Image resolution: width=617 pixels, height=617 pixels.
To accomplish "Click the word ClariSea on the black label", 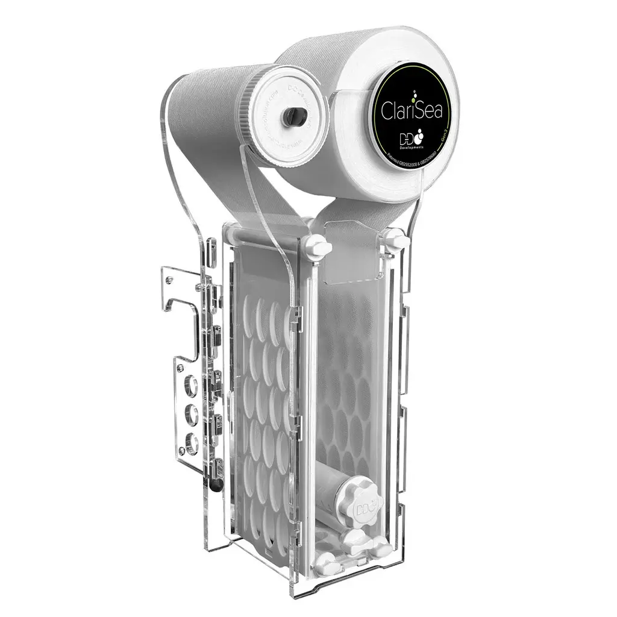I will click(x=410, y=111).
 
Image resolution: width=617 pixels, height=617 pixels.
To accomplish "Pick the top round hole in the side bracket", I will click(x=192, y=382).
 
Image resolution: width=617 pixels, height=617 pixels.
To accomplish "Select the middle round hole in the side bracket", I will click(x=192, y=412).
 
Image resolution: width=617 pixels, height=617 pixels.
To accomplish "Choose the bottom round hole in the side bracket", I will click(x=192, y=440).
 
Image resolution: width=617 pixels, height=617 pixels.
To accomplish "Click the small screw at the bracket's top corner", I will click(x=169, y=279).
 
